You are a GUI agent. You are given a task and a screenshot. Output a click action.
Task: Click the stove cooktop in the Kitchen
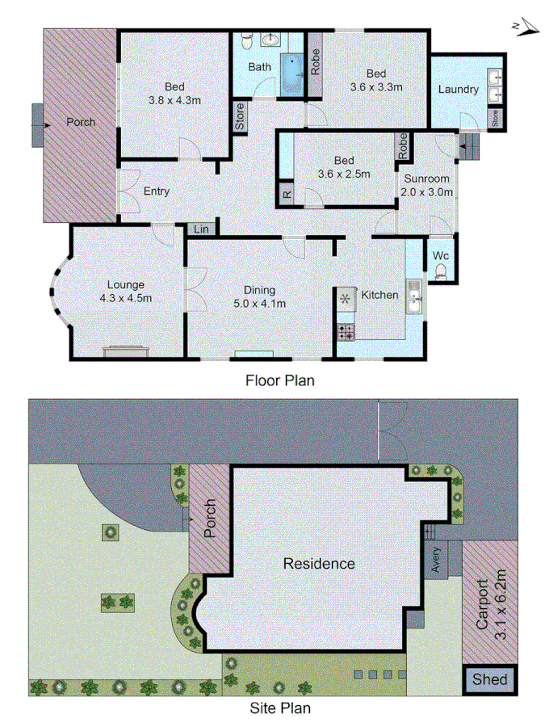point(346,330)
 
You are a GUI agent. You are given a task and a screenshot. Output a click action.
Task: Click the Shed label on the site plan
point(489,679)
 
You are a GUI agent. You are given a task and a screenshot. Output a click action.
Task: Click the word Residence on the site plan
point(318,563)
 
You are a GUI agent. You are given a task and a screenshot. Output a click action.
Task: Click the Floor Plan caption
point(279,379)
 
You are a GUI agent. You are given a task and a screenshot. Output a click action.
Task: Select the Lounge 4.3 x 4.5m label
point(125,291)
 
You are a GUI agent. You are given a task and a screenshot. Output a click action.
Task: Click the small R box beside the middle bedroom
point(286,195)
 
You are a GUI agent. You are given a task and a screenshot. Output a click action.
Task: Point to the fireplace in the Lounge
point(125,351)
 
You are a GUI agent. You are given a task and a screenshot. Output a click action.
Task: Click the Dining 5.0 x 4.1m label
point(260,297)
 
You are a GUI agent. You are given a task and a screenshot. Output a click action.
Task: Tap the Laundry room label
point(458,89)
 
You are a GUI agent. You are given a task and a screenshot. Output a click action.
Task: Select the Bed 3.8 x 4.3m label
point(174,94)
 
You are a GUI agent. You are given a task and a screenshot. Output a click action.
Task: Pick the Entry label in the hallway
point(156,191)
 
